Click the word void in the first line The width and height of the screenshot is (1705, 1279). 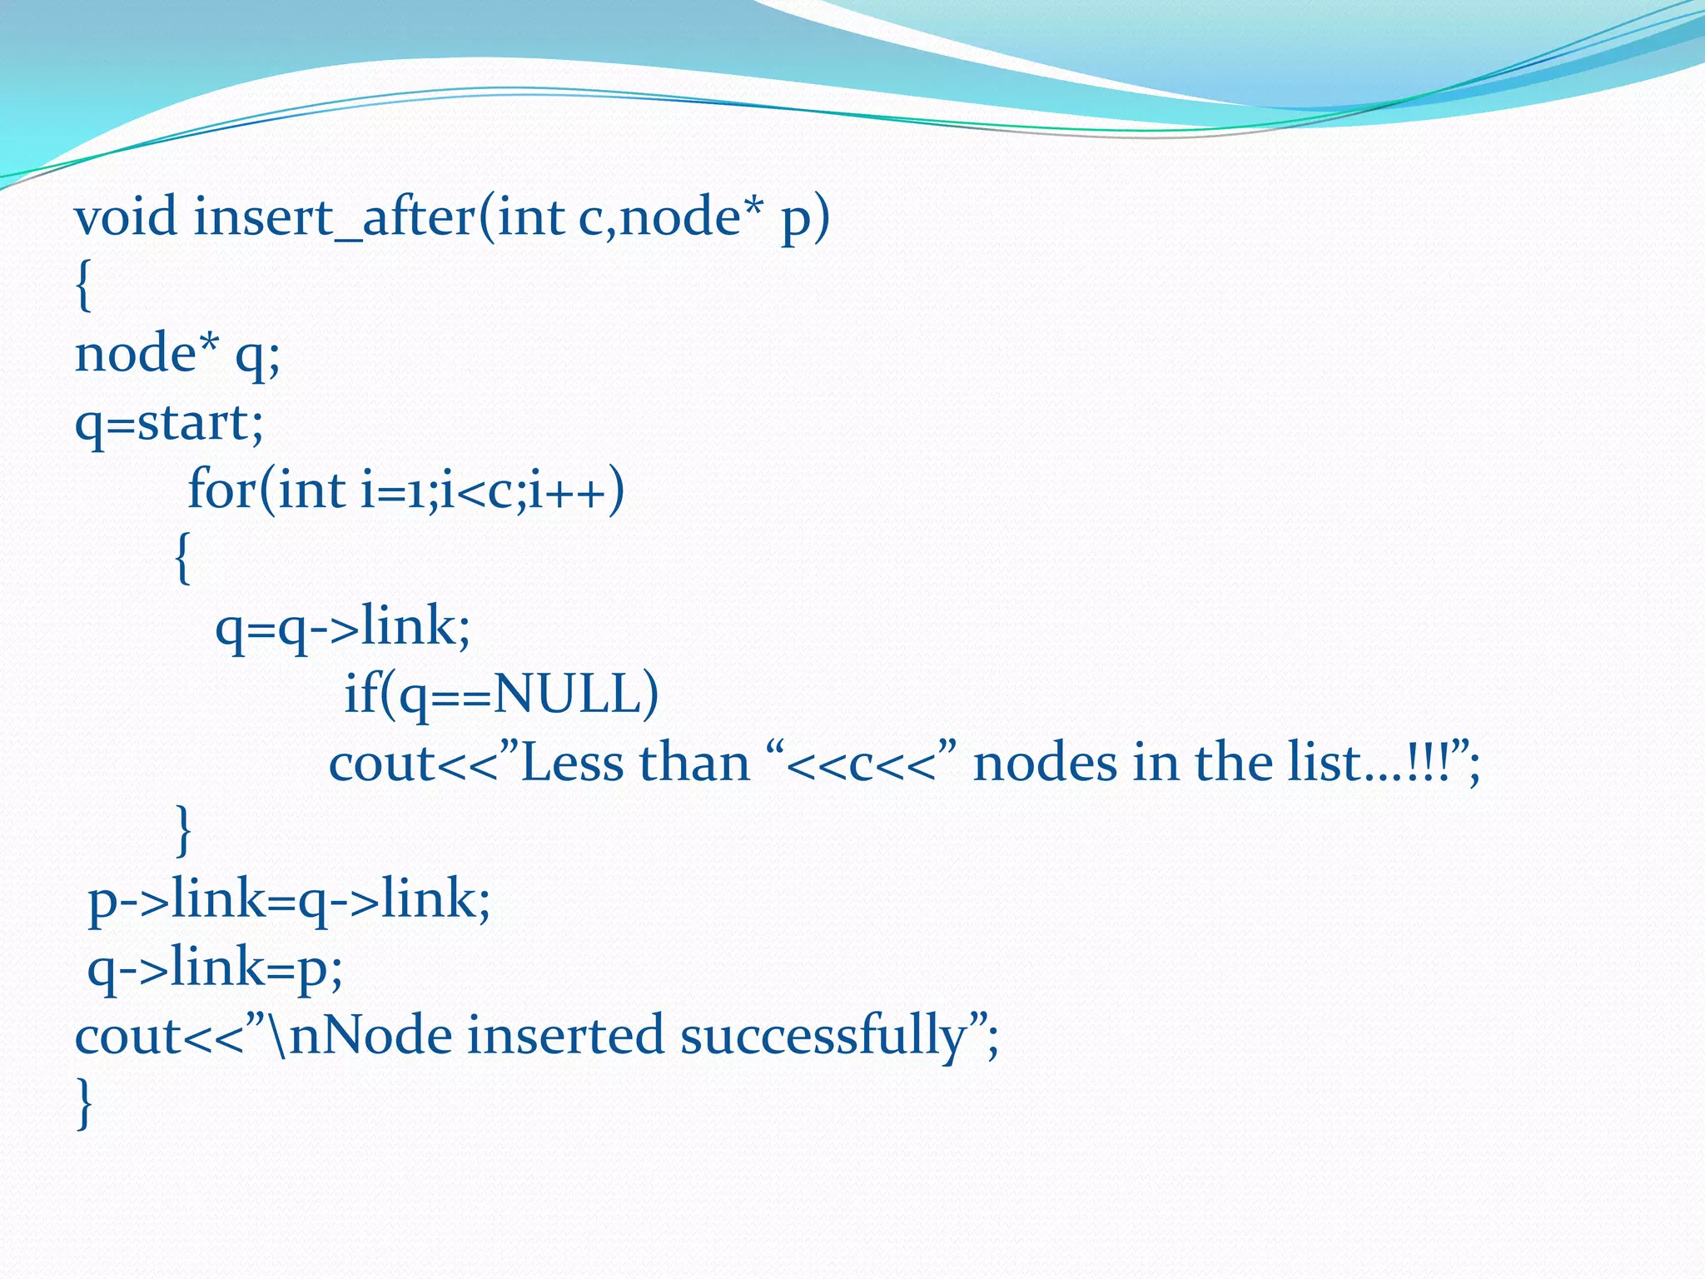tap(126, 217)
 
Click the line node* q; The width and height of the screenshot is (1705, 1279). tap(177, 355)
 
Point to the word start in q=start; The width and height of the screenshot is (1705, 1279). tap(191, 423)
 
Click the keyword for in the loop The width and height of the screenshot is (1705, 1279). tap(221, 490)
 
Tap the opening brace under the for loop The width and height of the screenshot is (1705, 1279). tap(183, 559)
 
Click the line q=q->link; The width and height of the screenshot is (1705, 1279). tap(342, 627)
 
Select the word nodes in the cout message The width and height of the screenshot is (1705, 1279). tap(1045, 763)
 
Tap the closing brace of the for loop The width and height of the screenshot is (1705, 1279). tap(183, 830)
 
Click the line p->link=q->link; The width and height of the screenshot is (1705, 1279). tap(289, 900)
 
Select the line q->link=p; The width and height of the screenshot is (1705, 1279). tap(215, 968)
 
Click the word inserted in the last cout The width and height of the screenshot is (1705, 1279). tap(565, 1036)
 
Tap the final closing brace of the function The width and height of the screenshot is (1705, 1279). tap(83, 1103)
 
